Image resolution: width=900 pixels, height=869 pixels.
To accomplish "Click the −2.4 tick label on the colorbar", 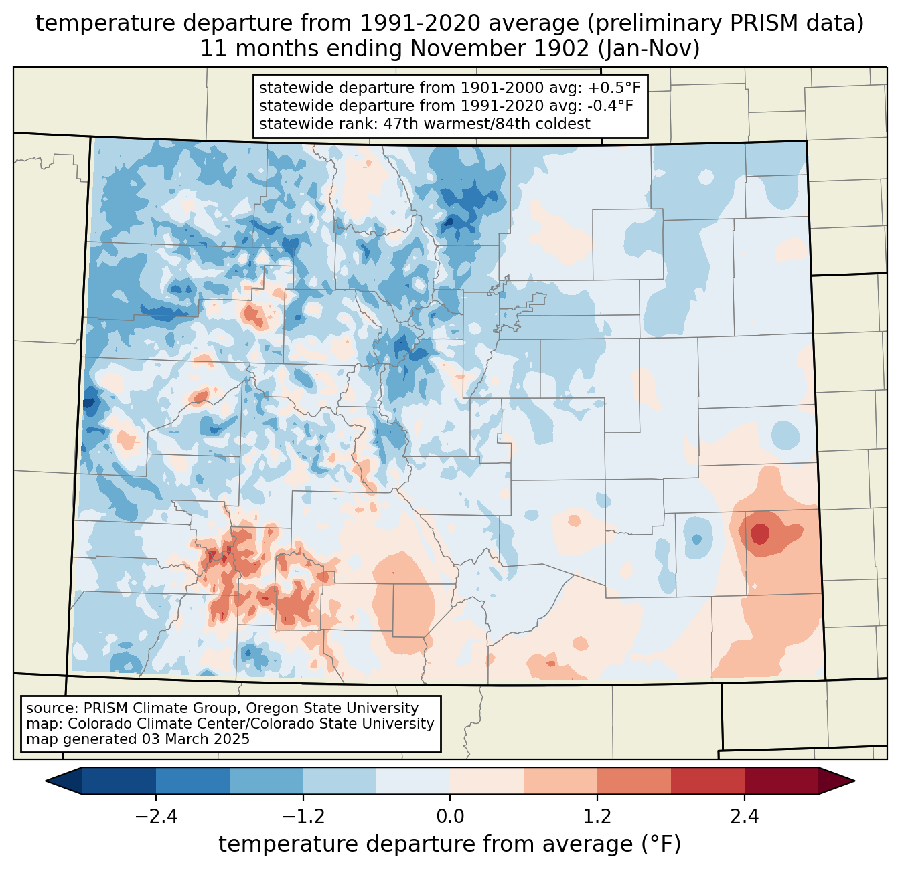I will point(156,817).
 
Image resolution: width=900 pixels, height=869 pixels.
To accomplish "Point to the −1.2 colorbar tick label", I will point(303,817).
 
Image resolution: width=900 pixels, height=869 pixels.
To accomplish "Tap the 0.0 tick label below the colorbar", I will point(450,817).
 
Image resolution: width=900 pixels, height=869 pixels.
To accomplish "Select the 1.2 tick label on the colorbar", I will point(597,817).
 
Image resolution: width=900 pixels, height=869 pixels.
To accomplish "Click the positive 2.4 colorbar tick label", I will point(745,817).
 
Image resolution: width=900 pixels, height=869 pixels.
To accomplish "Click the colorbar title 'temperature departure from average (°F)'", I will point(450,844).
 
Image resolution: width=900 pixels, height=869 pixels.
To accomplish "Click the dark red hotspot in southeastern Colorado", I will point(760,534).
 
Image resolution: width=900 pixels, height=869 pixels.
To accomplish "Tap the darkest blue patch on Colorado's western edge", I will point(89,404).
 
